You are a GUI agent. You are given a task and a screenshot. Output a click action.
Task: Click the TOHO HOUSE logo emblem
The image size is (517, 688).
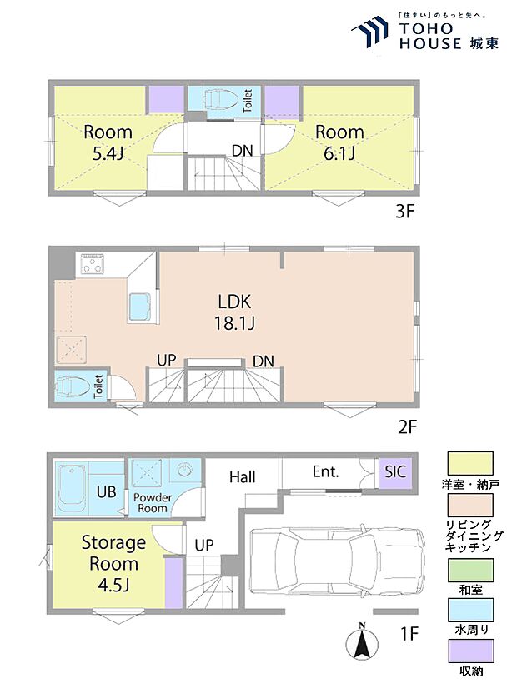(369, 31)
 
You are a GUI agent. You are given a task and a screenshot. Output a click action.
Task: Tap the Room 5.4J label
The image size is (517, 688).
(108, 142)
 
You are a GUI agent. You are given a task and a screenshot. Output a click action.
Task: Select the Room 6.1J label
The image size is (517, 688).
(339, 142)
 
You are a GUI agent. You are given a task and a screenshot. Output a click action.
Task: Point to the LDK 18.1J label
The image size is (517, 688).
(234, 312)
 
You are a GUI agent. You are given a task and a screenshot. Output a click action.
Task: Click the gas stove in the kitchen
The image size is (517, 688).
(93, 265)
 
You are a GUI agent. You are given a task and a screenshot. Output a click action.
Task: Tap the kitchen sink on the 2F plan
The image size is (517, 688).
(141, 307)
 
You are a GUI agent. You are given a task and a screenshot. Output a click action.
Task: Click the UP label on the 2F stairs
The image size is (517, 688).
(167, 360)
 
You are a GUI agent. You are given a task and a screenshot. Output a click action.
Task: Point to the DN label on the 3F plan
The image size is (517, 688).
(242, 151)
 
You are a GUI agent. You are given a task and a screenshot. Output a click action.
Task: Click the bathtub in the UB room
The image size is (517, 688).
(72, 488)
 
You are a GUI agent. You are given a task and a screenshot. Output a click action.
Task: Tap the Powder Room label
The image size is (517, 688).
(153, 503)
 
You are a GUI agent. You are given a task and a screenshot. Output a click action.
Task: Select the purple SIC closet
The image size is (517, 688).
(396, 473)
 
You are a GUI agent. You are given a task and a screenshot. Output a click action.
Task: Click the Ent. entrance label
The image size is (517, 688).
(326, 471)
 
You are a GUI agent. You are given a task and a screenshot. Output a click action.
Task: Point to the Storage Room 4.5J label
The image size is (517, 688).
(113, 564)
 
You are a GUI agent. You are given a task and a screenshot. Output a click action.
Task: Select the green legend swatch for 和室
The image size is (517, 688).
(470, 570)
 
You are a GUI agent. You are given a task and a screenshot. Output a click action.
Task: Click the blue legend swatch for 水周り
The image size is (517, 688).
(470, 610)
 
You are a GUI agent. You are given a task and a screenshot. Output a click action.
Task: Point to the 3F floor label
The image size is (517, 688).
(404, 212)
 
